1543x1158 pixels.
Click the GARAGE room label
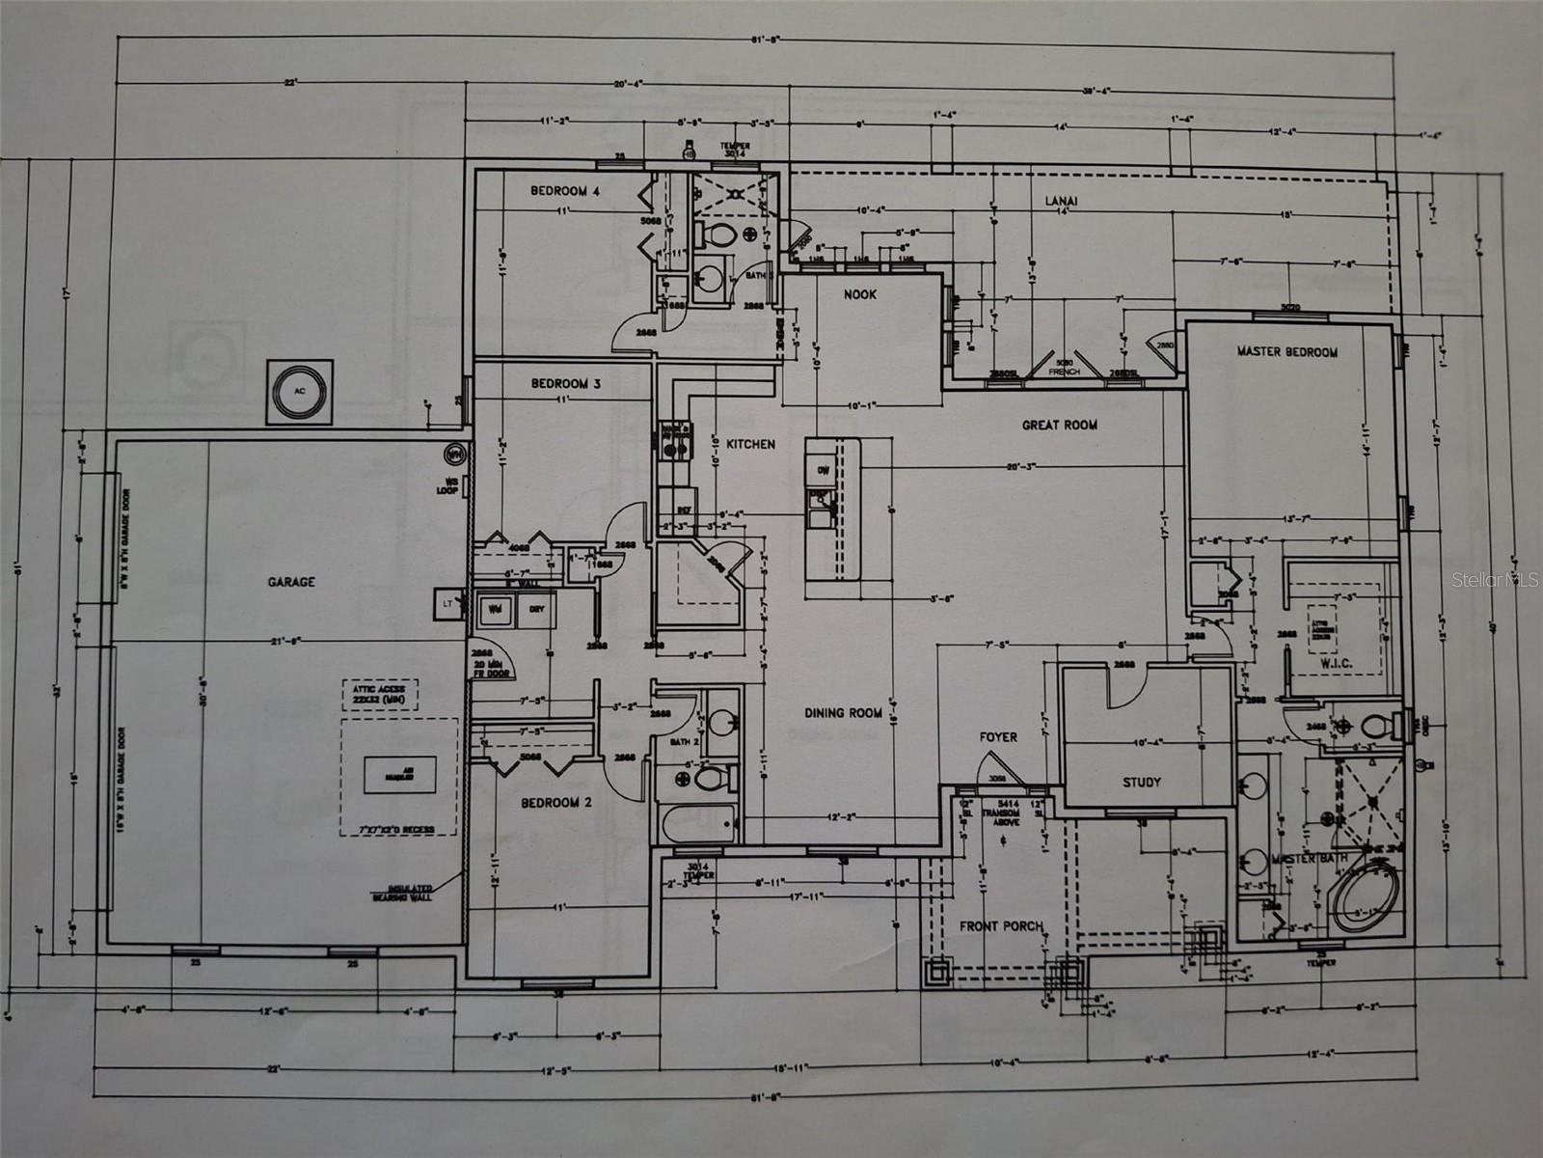[x=291, y=582]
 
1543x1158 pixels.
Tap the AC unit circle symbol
[x=299, y=392]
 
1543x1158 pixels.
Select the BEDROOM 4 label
[x=565, y=191]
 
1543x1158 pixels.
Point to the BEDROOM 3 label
[x=566, y=383]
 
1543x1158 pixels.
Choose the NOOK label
[x=860, y=294]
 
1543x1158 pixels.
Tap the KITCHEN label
[x=750, y=444]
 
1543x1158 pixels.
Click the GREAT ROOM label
[x=1060, y=425]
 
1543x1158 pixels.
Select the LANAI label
[x=1061, y=201]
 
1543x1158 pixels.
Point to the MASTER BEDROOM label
[x=1286, y=352]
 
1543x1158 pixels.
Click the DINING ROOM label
[x=844, y=713]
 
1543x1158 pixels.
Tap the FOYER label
[x=998, y=737]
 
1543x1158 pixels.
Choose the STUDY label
[x=1142, y=782]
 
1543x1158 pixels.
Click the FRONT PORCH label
[x=1001, y=926]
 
